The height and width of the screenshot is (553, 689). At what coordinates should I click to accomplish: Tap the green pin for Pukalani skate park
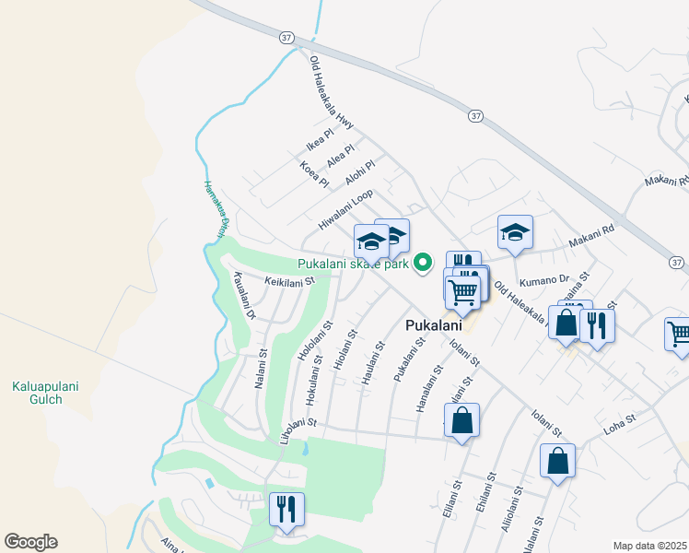(x=424, y=264)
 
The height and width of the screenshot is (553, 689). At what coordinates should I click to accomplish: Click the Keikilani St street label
(x=290, y=280)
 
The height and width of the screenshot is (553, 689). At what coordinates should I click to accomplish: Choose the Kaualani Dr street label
(x=244, y=295)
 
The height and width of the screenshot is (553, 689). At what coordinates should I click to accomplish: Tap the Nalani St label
(x=261, y=367)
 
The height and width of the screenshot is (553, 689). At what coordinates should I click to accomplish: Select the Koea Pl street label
(x=314, y=174)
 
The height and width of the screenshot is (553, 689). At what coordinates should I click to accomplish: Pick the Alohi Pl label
(x=360, y=172)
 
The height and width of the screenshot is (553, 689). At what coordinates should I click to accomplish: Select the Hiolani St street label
(x=344, y=351)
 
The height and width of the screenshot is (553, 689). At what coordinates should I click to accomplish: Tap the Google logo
(x=30, y=542)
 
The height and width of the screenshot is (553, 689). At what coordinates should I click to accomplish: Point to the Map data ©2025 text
(x=649, y=546)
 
